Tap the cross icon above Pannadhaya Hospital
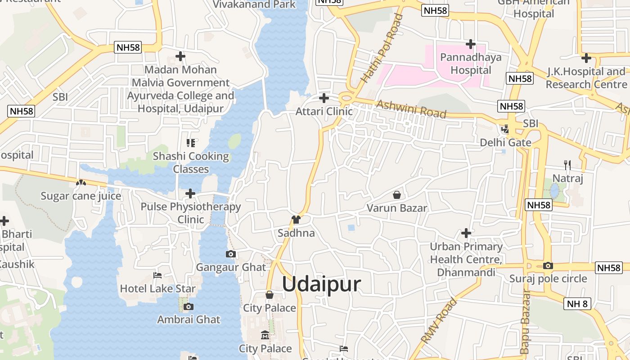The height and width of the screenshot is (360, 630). point(471,44)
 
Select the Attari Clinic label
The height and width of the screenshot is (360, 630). point(324,111)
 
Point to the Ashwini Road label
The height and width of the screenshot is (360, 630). point(411,109)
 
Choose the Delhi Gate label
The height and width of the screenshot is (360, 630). point(505,143)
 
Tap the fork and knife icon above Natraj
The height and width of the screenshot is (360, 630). point(567,165)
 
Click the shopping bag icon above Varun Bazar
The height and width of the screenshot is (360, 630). point(397,195)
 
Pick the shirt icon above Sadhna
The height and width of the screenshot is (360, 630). point(296,220)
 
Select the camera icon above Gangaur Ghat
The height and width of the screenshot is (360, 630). point(230,254)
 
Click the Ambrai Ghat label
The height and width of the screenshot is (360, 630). point(189,319)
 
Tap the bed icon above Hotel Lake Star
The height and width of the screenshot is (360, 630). point(157,275)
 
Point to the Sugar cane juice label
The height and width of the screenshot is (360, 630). point(81,196)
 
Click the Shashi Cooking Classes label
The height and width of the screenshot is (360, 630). point(191,162)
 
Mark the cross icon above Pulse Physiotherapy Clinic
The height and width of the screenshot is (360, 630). point(190,194)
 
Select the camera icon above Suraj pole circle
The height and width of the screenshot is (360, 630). point(548,266)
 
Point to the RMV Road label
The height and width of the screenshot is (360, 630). point(439,320)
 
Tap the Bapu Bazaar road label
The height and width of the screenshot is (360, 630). point(525,322)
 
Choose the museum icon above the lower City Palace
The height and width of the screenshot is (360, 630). point(265,335)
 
